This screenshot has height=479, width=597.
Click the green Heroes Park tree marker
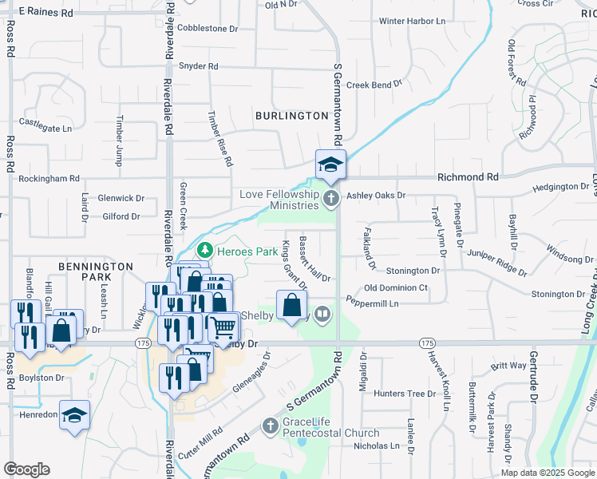point(205,251)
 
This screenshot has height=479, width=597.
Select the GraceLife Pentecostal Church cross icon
point(271,426)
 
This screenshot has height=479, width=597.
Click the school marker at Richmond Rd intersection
point(330,165)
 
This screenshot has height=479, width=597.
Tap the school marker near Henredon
point(74,415)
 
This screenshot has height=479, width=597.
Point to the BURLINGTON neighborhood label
point(291,116)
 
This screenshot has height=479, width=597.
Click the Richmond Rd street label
point(467,176)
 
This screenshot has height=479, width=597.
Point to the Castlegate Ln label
point(45,125)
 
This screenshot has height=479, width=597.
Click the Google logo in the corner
point(26,469)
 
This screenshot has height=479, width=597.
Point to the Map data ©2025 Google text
point(547,473)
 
